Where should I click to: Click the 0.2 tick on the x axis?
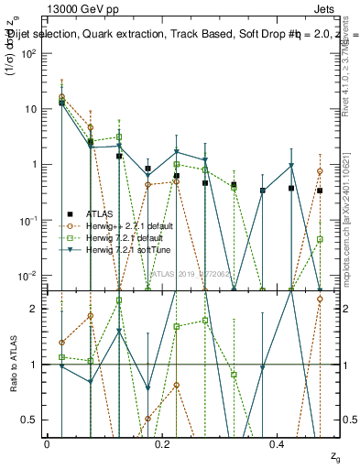(x=162, y=443)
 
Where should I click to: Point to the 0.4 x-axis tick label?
(x=278, y=443)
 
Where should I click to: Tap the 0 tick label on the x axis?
(x=47, y=443)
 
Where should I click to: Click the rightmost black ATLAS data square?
(x=320, y=191)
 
